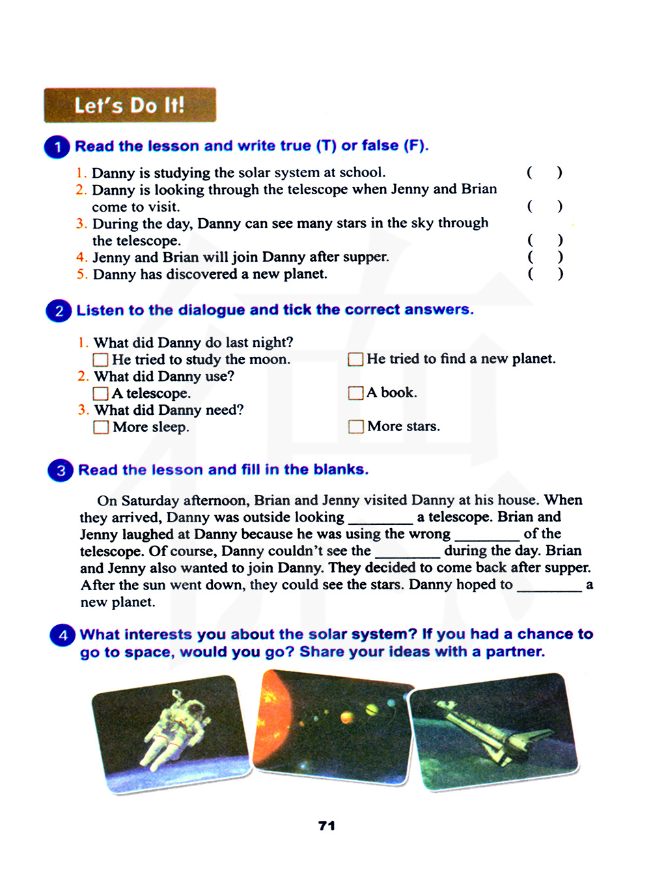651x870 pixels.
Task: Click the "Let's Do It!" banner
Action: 130,105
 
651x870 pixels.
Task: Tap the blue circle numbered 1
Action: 57,147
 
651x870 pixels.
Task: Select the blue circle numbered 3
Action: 61,470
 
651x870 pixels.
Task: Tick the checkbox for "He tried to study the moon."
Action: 101,359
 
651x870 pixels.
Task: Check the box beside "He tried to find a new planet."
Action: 355,359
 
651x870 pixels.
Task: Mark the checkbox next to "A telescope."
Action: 101,393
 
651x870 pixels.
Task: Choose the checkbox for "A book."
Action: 355,393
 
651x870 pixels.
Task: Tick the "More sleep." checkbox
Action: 101,427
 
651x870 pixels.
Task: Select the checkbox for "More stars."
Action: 355,427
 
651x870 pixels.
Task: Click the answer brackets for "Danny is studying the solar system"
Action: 545,173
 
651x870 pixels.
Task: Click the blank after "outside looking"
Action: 380,518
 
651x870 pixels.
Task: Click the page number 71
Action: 327,826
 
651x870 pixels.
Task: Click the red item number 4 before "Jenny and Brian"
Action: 81,257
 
